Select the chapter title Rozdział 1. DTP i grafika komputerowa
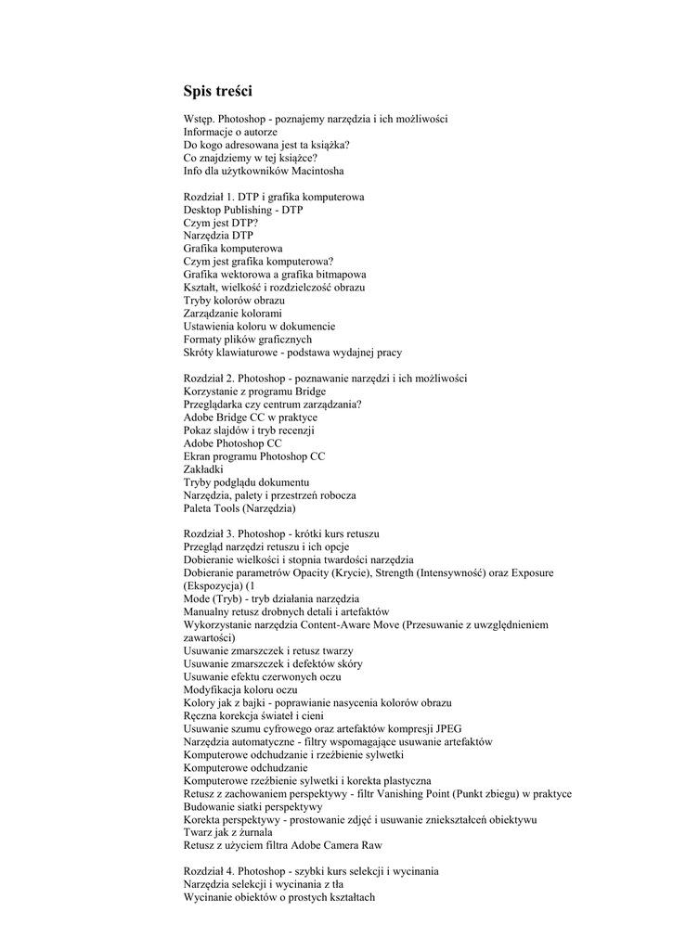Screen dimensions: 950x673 274,198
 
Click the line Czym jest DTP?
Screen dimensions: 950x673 221,224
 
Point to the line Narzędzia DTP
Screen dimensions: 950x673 218,237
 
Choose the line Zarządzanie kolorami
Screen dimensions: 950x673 232,314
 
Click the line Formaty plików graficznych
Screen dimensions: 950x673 247,340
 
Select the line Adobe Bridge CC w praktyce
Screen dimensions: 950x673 251,417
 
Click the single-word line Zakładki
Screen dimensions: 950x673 204,469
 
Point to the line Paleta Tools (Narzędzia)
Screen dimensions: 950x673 239,508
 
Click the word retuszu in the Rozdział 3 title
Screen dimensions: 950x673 360,534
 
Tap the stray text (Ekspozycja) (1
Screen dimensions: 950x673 218,586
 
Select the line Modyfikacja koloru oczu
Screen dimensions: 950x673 240,690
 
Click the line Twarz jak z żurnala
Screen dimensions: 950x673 228,833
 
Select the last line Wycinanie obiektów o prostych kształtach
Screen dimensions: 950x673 279,897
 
